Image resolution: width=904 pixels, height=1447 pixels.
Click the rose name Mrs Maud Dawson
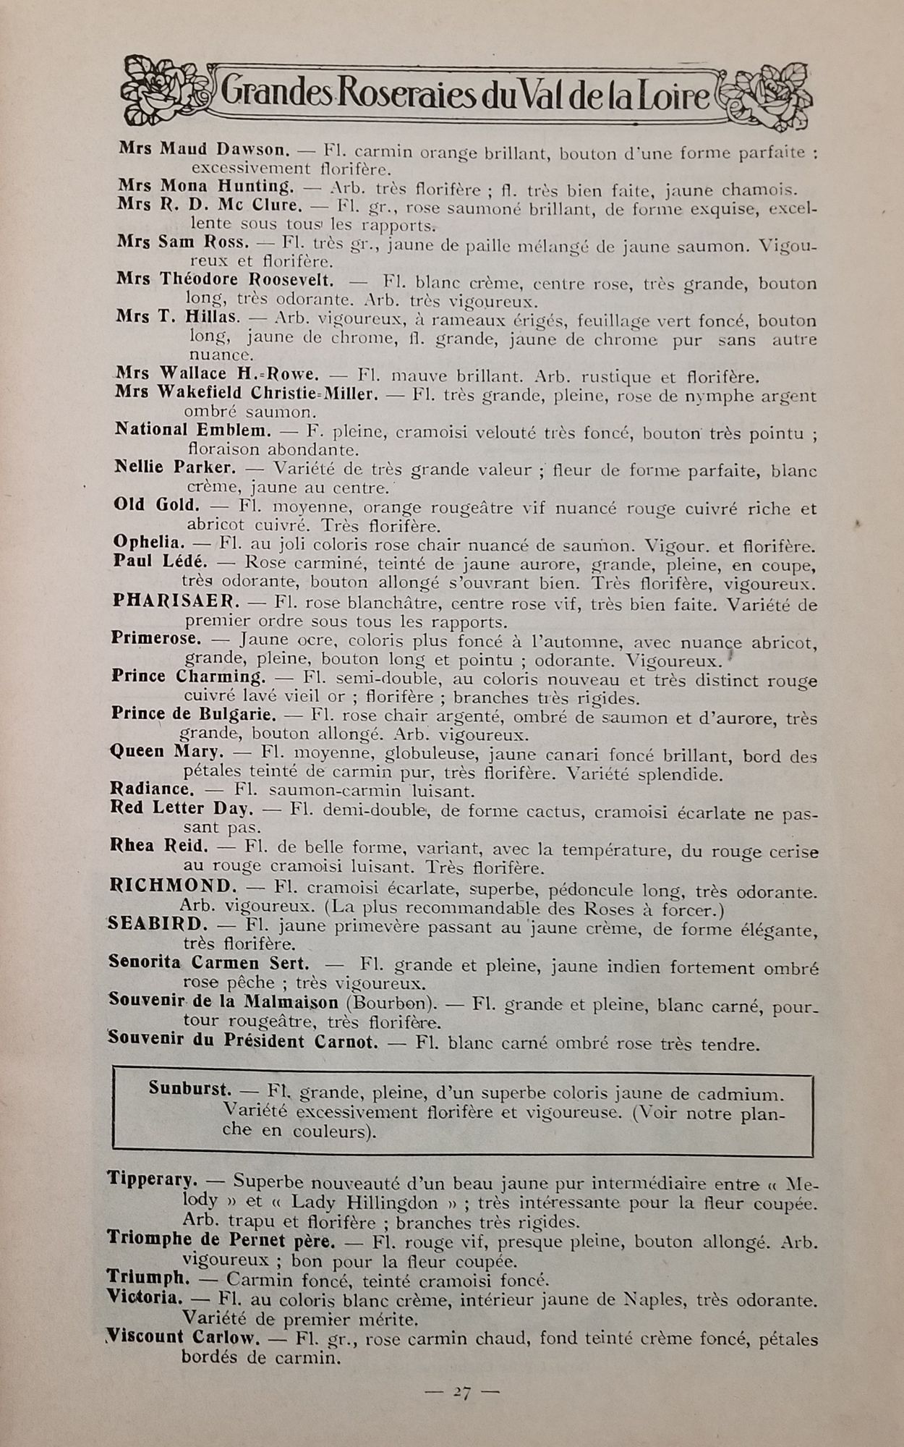pyautogui.click(x=204, y=149)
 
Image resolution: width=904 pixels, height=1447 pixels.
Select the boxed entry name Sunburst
pyautogui.click(x=190, y=1088)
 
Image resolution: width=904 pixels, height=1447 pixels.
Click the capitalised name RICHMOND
pyautogui.click(x=173, y=886)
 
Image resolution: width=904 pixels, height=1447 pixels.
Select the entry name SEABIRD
pyautogui.click(x=158, y=924)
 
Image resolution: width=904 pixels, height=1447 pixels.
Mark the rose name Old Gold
pyautogui.click(x=156, y=504)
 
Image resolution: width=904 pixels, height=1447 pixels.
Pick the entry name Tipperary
pyautogui.click(x=152, y=1179)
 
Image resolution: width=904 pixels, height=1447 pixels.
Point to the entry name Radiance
pyautogui.click(x=152, y=789)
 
